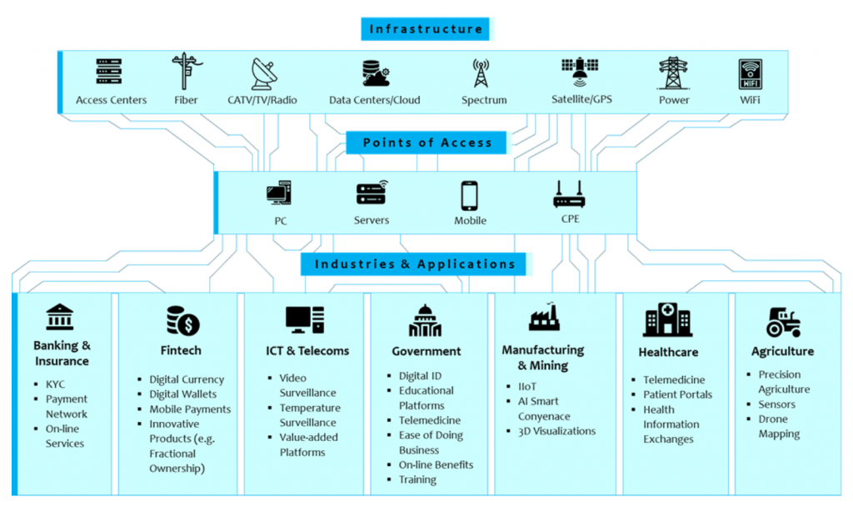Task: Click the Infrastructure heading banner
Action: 426,29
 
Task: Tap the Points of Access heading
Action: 427,143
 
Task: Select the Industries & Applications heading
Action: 415,264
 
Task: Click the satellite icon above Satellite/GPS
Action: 580,73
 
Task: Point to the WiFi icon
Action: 750,73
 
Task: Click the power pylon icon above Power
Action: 673,73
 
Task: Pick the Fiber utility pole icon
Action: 184,72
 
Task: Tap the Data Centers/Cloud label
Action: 374,100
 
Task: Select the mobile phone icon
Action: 469,196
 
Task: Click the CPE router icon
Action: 570,194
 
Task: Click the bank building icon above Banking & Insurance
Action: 60,317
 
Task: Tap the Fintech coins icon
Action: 182,320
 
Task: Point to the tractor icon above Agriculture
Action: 783,321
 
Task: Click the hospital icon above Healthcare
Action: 667,320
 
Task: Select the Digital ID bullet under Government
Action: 419,375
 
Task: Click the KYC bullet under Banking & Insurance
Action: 55,384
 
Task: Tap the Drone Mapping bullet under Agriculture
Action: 778,426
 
